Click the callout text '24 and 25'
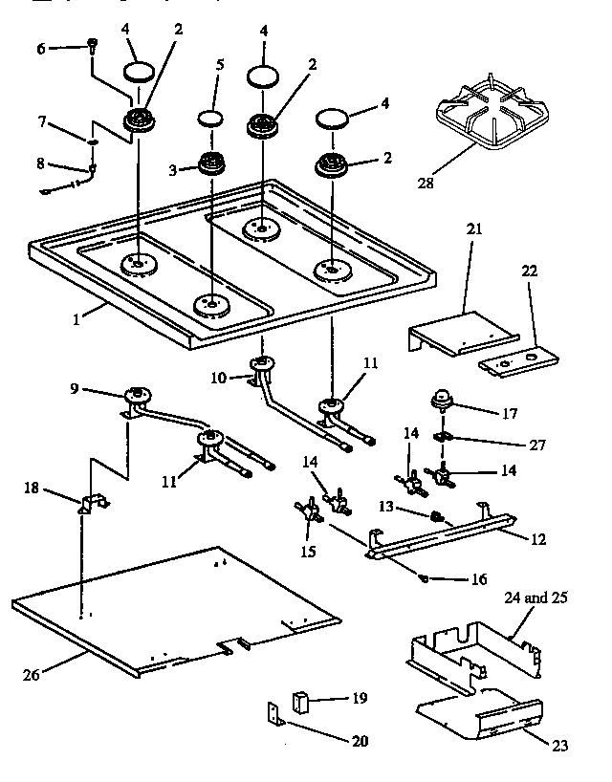pyautogui.click(x=535, y=597)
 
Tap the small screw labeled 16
pyautogui.click(x=423, y=576)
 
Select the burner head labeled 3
pyautogui.click(x=210, y=164)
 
